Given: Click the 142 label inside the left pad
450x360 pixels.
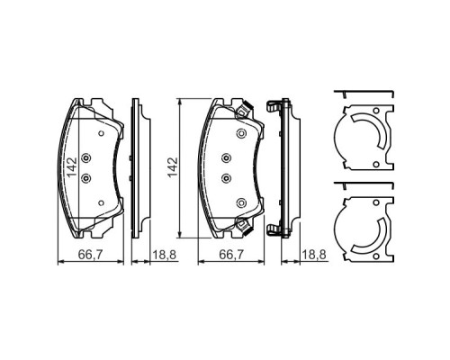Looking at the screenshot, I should pos(70,168).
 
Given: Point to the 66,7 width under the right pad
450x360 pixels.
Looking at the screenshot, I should pos(232,255).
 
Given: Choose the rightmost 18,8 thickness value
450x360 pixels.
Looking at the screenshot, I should pos(314,255).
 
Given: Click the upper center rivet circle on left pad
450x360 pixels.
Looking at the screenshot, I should pos(86,159).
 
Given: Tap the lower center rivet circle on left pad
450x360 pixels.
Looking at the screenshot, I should pos(86,177).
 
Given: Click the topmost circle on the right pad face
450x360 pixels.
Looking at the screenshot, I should pos(240,133).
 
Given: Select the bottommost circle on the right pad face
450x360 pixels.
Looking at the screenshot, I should pos(240,202).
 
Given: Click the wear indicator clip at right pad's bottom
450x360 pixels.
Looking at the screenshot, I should pos(241,224).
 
